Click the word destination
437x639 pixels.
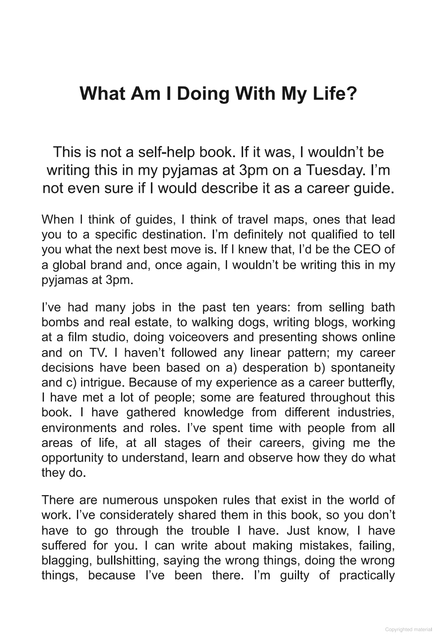(x=174, y=235)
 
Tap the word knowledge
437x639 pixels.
(x=214, y=413)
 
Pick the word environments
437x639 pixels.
(x=78, y=428)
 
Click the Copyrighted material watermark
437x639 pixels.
(x=408, y=629)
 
